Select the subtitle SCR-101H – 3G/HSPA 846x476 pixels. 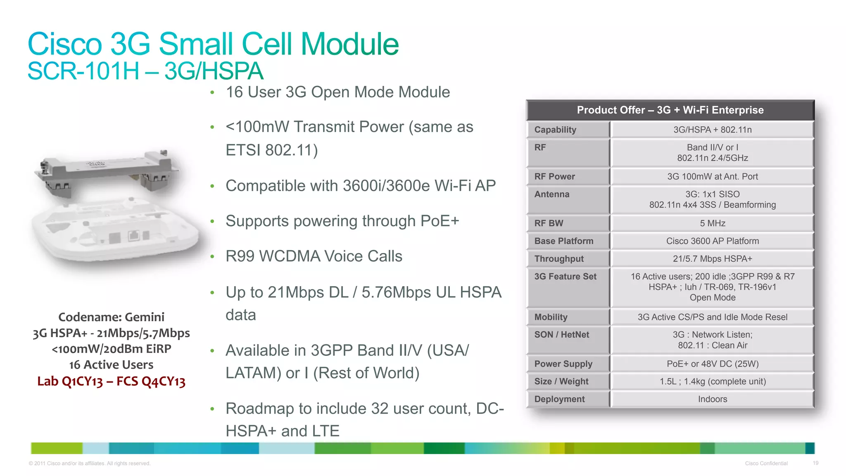145,71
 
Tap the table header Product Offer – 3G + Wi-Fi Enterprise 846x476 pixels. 670,110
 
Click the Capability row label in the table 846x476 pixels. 555,130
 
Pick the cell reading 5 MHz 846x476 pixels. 712,223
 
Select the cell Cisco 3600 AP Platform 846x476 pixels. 712,241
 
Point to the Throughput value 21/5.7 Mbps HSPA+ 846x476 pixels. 712,259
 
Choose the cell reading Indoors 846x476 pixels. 712,399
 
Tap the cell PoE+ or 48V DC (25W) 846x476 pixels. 712,364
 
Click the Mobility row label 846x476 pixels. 551,317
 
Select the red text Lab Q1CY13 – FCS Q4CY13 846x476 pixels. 111,381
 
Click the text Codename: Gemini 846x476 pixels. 111,317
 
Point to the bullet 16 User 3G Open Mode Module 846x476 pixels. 337,92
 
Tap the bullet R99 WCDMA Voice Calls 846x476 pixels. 314,256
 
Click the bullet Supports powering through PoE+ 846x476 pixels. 342,221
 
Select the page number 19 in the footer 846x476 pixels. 815,463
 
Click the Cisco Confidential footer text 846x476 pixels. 766,463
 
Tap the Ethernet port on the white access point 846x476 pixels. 134,236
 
